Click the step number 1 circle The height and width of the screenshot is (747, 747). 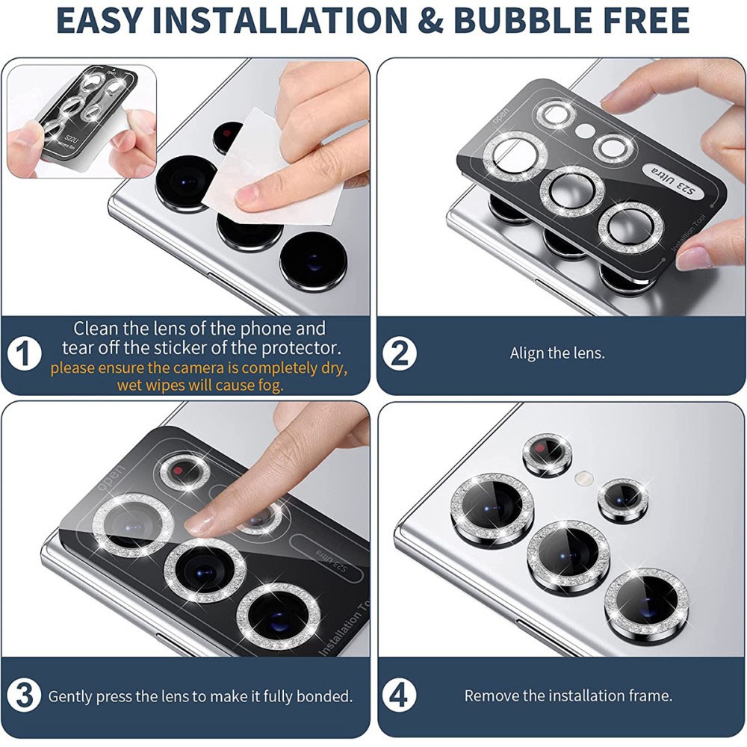pos(25,353)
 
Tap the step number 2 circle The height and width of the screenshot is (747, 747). pos(400,353)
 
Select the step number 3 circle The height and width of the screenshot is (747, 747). pos(25,695)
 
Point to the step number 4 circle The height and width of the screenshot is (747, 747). pos(400,695)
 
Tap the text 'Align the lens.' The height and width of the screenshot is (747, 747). pos(557,353)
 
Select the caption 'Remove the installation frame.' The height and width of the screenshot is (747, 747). pos(568,695)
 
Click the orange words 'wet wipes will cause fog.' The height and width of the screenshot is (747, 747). pos(199,385)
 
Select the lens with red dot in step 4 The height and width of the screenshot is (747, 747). pos(547,453)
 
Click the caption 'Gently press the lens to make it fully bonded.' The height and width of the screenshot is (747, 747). pos(200,695)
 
